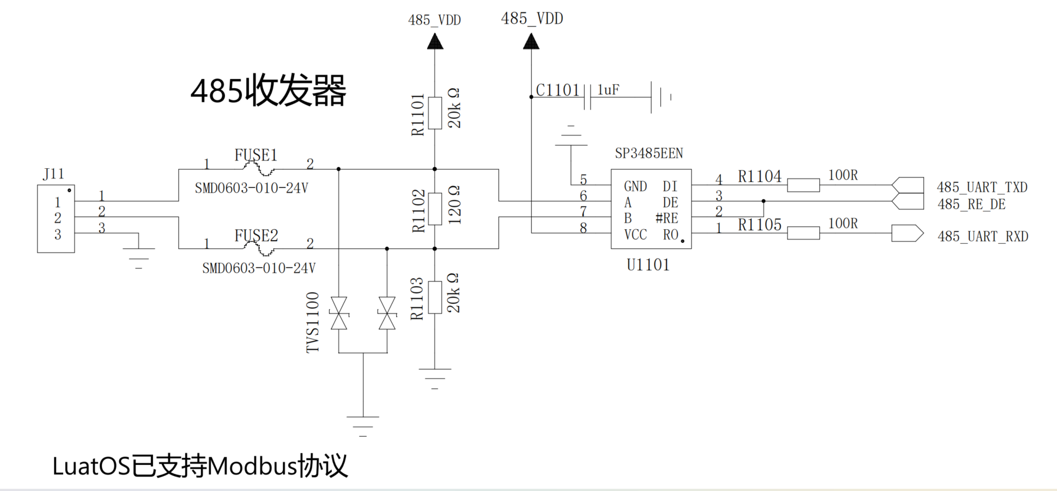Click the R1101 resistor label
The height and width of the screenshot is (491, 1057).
coord(417,114)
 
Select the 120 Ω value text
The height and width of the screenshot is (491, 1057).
coord(454,205)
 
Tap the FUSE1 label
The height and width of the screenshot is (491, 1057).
coord(256,155)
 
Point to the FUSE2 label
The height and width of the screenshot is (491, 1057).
coord(256,236)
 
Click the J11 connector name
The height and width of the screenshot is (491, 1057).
coord(54,174)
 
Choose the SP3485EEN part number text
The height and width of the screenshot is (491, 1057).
coord(649,154)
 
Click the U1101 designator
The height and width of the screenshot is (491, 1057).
coord(648,265)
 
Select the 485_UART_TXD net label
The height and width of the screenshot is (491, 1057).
coord(982,187)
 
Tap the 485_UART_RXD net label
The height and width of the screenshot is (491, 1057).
coord(982,236)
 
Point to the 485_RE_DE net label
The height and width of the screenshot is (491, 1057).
coord(971,204)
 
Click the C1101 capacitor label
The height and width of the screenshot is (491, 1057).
coord(557,90)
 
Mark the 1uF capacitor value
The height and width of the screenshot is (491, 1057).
coord(608,90)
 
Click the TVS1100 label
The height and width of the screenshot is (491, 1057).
coord(313,322)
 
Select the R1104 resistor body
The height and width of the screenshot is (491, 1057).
coord(803,185)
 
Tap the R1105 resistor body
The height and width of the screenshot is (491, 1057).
coord(803,233)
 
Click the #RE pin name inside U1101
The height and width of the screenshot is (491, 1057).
coord(666,218)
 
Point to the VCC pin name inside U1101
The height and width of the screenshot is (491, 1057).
coord(635,235)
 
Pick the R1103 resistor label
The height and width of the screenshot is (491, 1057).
coord(417,298)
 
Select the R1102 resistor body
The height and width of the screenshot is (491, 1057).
coord(435,209)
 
